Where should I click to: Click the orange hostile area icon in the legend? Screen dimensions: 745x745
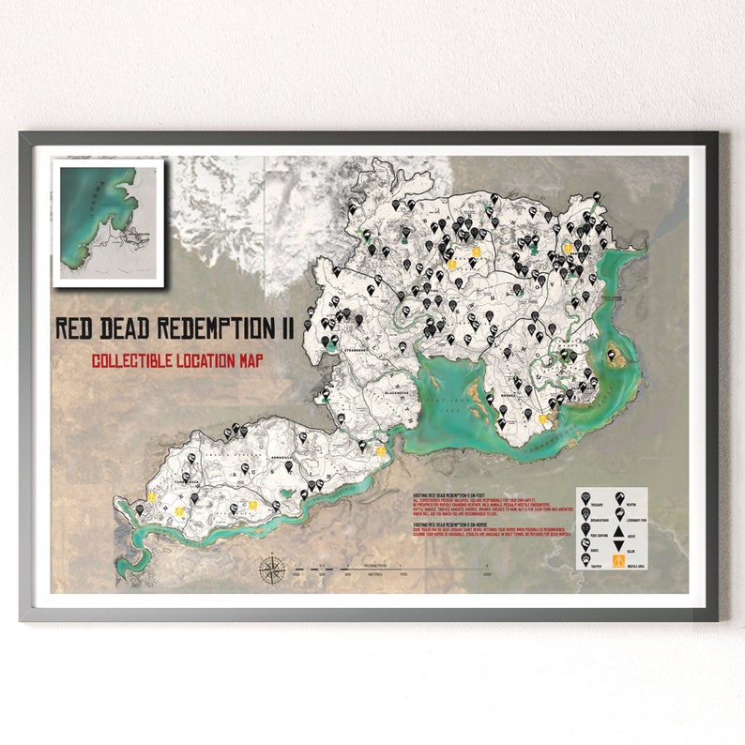click(618, 562)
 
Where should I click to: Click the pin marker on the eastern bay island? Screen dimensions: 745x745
click(615, 352)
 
